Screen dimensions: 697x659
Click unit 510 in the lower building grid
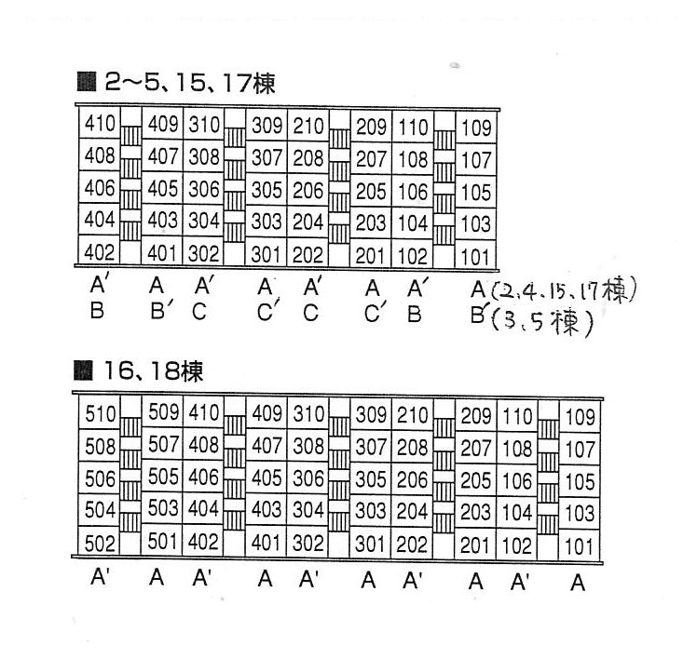[x=100, y=414]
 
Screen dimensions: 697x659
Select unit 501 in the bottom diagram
[x=163, y=542]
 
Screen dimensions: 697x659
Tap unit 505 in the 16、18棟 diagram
[x=163, y=477]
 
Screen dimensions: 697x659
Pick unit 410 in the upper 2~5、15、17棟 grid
[x=100, y=123]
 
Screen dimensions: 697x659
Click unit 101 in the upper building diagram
[x=475, y=257]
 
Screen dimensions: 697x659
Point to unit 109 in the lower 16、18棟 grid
[x=580, y=417]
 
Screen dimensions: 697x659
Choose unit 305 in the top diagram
[x=266, y=190]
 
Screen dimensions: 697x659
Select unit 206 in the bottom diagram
[x=412, y=480]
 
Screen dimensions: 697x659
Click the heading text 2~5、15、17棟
[x=190, y=83]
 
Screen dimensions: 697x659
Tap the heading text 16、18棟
[x=153, y=371]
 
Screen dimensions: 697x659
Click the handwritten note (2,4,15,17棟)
[x=563, y=289]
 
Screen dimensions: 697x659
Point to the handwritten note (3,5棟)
[x=542, y=322]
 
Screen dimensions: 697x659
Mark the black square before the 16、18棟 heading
[x=83, y=370]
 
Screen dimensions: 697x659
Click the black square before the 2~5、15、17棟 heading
[x=87, y=82]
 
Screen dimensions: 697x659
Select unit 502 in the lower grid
[x=100, y=544]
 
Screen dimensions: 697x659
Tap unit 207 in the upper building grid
[x=371, y=159]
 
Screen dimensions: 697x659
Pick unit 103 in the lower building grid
[x=580, y=514]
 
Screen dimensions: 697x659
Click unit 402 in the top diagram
[x=100, y=252]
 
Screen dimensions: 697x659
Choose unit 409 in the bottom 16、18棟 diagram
[x=266, y=414]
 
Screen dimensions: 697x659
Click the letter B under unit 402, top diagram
[x=97, y=310]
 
